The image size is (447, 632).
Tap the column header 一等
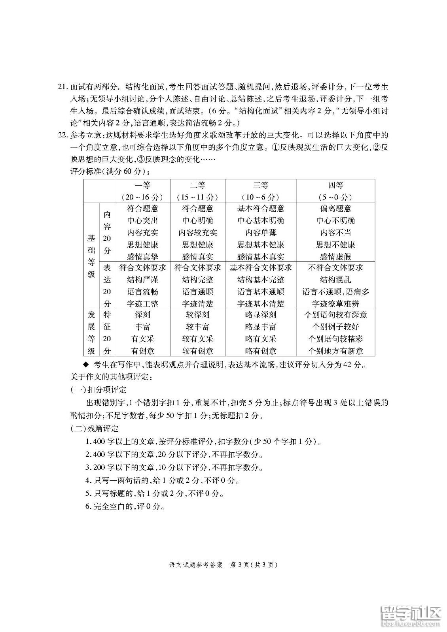(x=142, y=185)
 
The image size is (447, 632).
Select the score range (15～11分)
(x=198, y=197)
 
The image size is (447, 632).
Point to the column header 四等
(x=335, y=185)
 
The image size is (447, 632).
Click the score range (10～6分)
(x=261, y=197)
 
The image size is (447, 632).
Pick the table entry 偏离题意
(x=335, y=209)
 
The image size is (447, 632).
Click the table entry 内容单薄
(x=261, y=233)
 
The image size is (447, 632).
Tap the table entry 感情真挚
(x=142, y=257)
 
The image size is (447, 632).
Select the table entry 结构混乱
(x=335, y=280)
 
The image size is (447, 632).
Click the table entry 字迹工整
(x=142, y=304)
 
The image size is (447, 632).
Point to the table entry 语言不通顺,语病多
(x=335, y=292)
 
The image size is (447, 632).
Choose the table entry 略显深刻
(x=261, y=315)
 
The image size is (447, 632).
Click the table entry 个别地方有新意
(x=335, y=351)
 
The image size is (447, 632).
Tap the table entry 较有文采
(x=198, y=339)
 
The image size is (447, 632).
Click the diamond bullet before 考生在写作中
(x=84, y=364)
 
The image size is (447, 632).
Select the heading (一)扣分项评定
(x=98, y=390)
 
